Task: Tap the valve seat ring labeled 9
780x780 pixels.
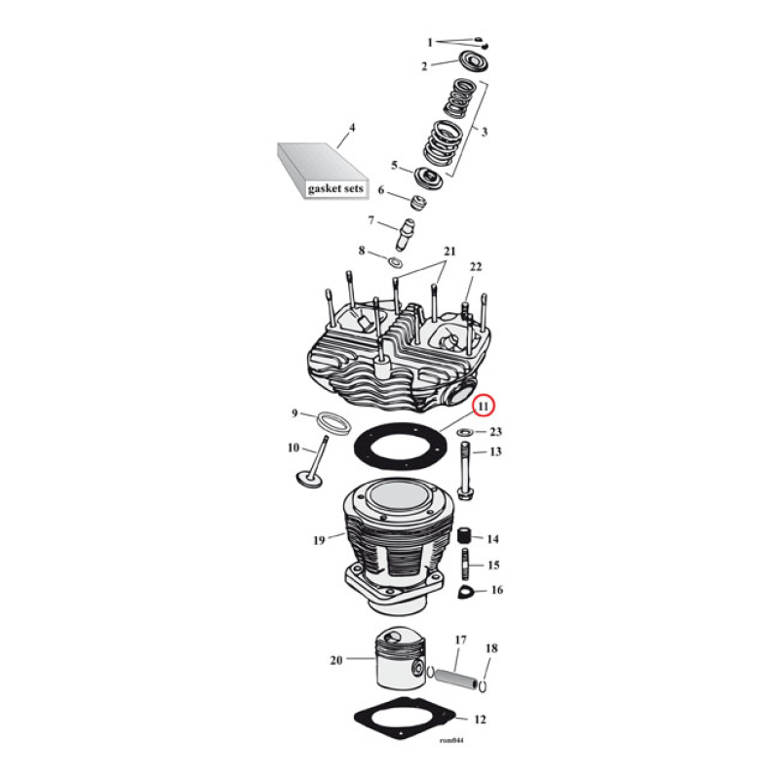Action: [x=333, y=423]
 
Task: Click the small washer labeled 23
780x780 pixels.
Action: [x=465, y=431]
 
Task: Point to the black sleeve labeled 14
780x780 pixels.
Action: [x=466, y=537]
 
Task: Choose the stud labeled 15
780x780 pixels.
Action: [x=466, y=565]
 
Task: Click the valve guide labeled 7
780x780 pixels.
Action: [x=409, y=234]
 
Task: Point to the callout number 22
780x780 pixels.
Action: [x=476, y=267]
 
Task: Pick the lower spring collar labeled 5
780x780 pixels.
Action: [x=428, y=177]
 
